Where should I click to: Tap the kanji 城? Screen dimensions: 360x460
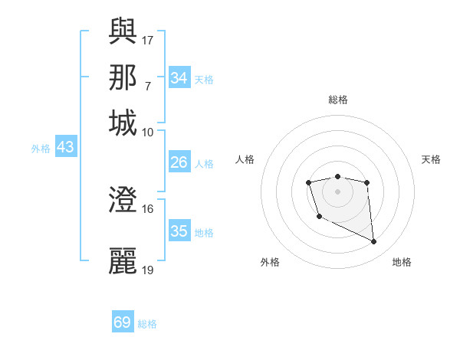[123, 123]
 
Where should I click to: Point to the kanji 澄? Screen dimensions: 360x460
[123, 201]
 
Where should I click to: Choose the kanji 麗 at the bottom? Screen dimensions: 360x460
[123, 260]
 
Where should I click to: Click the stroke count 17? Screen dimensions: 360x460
[148, 40]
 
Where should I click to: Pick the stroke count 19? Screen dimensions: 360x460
[148, 270]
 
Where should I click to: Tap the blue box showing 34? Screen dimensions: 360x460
[179, 77]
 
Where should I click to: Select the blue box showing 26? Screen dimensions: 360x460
[179, 162]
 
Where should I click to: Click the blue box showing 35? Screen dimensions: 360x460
[179, 231]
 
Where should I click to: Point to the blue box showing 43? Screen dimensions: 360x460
[65, 147]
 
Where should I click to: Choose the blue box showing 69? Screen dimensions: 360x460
[123, 322]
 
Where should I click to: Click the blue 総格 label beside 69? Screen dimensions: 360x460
[148, 324]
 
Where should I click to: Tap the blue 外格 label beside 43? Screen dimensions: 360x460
[40, 149]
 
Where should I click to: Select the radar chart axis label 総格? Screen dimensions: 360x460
[338, 100]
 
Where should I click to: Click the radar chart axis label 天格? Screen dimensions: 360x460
[432, 159]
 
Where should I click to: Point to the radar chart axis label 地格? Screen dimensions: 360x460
[402, 262]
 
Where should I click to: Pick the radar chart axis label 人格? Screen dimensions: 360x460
[245, 159]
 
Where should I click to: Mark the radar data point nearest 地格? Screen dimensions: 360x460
[374, 242]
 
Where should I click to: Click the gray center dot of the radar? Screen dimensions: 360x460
[338, 191]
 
